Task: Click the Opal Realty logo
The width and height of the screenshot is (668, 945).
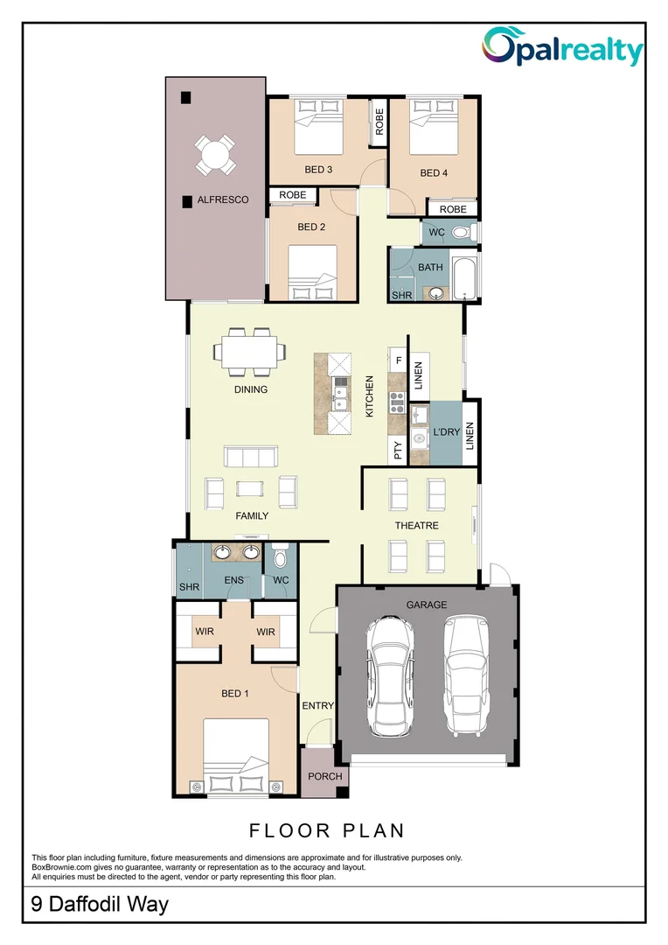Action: pos(562,47)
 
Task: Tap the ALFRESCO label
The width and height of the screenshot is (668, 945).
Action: pos(223,199)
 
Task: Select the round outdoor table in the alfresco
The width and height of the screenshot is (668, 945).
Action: pos(214,154)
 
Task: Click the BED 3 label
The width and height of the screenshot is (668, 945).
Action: pos(318,170)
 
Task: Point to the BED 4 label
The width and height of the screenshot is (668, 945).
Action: pos(434,173)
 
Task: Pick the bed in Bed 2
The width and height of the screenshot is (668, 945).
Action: pos(312,272)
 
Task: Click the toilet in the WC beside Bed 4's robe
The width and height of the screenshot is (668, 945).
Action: pos(462,232)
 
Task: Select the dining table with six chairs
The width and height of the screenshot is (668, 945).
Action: pos(249,352)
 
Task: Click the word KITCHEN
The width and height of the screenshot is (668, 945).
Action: pos(370,396)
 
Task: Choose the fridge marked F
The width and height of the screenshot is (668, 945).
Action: pos(397,360)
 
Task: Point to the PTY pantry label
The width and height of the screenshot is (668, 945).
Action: pos(398,451)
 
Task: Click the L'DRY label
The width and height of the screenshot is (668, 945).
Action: pos(446,432)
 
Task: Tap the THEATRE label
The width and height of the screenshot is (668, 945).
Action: pos(416,526)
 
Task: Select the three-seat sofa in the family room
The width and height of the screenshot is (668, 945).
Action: pos(251,456)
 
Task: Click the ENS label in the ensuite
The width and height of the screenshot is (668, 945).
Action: pos(233,580)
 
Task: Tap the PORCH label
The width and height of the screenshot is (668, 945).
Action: pos(324,776)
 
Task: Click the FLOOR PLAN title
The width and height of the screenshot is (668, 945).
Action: pos(327,830)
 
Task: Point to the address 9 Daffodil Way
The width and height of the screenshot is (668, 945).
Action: pos(100,904)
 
